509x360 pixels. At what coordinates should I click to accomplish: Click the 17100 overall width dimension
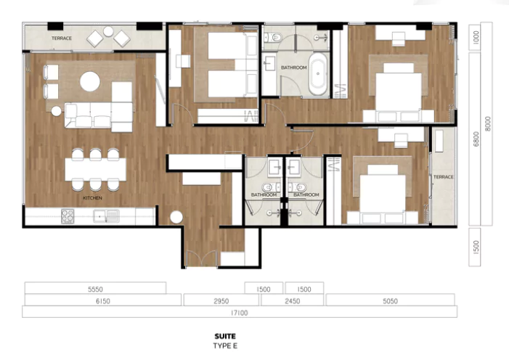[x=239, y=313]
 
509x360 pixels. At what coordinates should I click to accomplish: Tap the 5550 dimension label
[x=95, y=289]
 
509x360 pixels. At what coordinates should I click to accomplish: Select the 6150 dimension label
[x=102, y=301]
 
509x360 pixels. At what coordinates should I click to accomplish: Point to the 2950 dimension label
[x=221, y=301]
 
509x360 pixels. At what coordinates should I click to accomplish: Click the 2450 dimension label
[x=292, y=301]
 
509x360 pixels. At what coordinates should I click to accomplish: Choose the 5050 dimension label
[x=390, y=301]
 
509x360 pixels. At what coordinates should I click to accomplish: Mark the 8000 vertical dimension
[x=487, y=123]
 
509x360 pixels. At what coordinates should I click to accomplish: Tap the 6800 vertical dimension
[x=476, y=139]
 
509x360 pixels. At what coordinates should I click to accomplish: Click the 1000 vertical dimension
[x=476, y=37]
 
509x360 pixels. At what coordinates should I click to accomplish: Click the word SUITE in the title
[x=225, y=336]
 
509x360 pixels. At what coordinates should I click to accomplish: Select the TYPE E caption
[x=225, y=345]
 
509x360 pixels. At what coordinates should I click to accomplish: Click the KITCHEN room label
[x=92, y=197]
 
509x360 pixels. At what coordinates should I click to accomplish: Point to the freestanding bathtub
[x=318, y=74]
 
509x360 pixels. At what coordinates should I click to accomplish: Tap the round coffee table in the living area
[x=90, y=81]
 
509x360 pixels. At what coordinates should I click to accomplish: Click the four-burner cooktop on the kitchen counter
[x=68, y=216]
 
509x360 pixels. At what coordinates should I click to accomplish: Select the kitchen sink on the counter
[x=106, y=216]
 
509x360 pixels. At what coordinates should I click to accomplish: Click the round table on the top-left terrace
[x=108, y=31]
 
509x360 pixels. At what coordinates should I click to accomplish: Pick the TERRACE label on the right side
[x=443, y=177]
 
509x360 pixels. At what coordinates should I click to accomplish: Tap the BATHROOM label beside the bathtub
[x=294, y=67]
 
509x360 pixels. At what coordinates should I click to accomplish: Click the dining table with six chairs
[x=95, y=169]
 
